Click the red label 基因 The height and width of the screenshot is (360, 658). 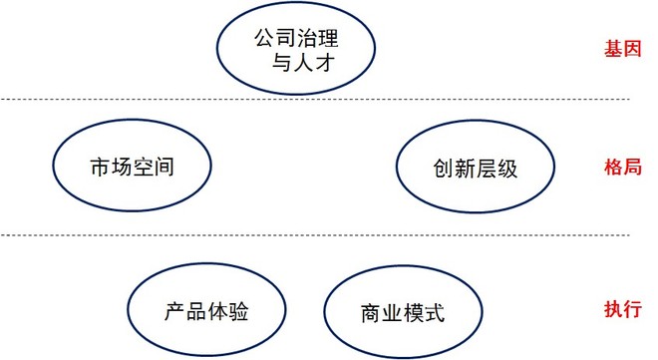click(x=623, y=49)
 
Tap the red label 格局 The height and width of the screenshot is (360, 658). click(x=623, y=167)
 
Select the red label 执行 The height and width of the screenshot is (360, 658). click(x=623, y=309)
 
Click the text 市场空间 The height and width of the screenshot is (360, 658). click(x=132, y=167)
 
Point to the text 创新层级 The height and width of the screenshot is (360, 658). click(x=475, y=169)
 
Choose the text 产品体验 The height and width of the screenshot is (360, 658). click(x=206, y=311)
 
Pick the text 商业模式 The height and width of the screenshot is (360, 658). click(x=403, y=313)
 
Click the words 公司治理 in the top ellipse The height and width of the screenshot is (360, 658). click(x=296, y=38)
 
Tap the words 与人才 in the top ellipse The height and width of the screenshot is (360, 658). click(x=303, y=62)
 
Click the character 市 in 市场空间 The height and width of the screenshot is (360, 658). click(x=101, y=167)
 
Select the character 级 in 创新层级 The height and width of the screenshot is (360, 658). click(x=506, y=169)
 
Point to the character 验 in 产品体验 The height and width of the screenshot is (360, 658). click(x=238, y=311)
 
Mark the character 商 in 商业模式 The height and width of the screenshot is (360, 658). click(x=371, y=313)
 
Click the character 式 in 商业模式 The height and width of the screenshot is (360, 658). click(x=435, y=313)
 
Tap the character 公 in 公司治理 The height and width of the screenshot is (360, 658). click(x=265, y=38)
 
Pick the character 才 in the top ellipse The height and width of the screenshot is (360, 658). click(x=324, y=62)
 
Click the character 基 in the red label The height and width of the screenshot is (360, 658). click(x=613, y=49)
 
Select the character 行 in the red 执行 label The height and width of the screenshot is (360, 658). click(x=632, y=309)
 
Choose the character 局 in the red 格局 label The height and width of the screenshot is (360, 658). click(x=632, y=167)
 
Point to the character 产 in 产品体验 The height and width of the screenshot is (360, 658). click(x=174, y=311)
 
